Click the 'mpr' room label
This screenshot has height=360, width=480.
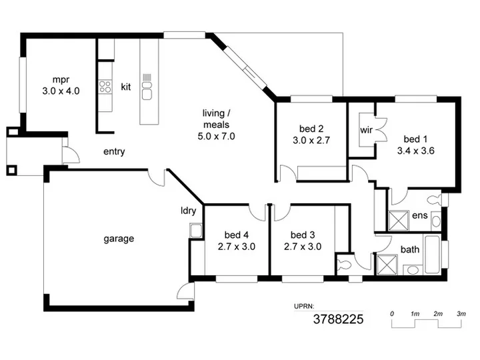click(61, 80)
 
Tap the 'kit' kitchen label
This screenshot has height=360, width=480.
click(126, 87)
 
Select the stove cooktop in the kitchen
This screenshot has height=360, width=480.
click(105, 86)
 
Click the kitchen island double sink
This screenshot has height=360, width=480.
click(147, 91)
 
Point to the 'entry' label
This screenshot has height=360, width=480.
click(114, 151)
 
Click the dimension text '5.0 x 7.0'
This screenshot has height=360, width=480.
click(216, 136)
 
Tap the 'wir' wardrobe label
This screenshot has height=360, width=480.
click(366, 130)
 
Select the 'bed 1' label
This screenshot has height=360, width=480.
click(415, 139)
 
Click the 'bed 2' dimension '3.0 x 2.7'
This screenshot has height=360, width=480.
click(311, 140)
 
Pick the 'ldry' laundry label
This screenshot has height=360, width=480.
click(188, 211)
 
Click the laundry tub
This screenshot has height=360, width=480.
click(195, 231)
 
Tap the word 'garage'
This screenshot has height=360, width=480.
click(119, 239)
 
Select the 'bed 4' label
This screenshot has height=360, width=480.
click(236, 235)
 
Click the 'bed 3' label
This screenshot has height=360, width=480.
click(303, 235)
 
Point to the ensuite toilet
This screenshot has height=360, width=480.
click(435, 200)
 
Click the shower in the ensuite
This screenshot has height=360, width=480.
click(399, 221)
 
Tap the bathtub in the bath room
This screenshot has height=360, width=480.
click(433, 255)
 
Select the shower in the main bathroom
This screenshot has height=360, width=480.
click(387, 265)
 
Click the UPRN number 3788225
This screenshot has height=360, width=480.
click(338, 319)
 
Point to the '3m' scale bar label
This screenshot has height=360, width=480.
click(461, 314)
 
